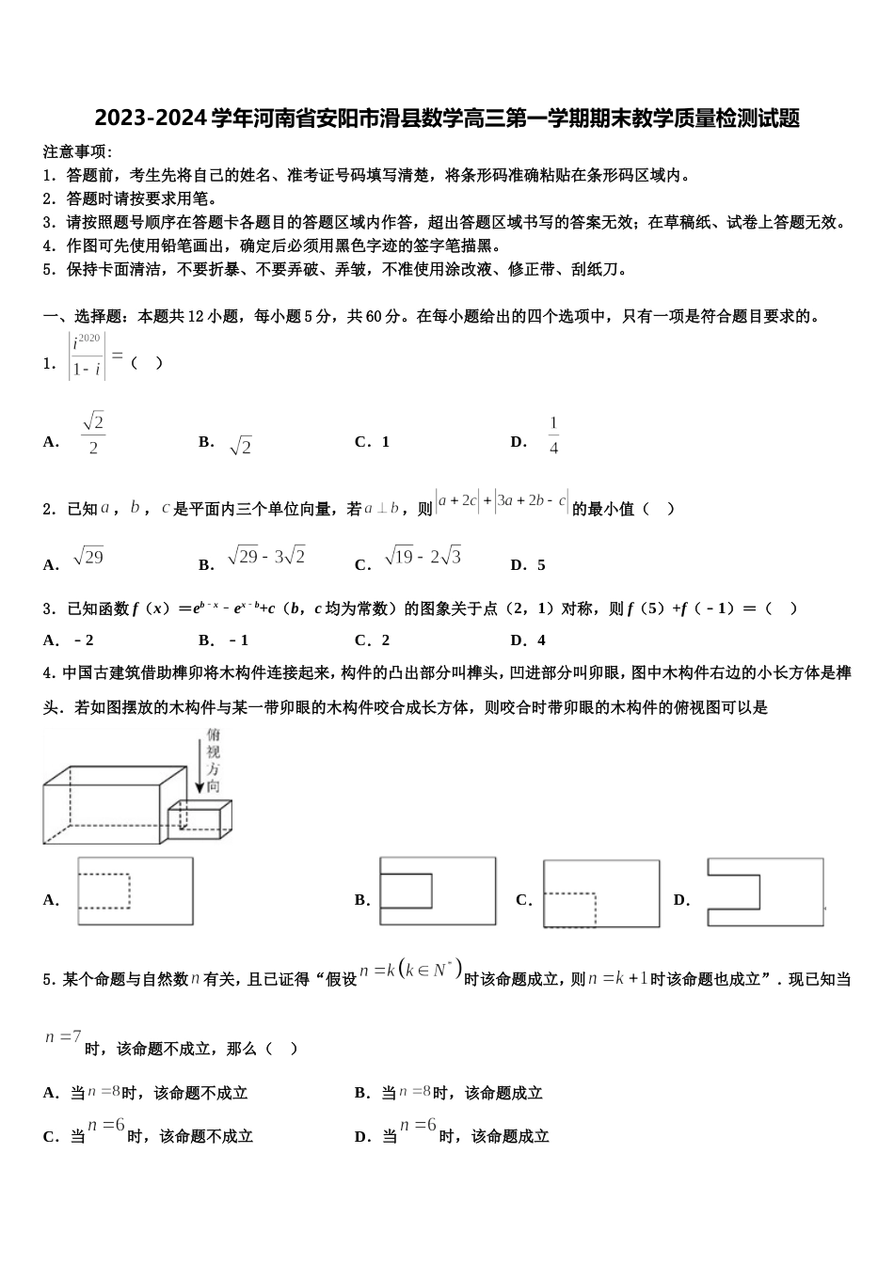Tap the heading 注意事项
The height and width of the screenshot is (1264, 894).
(77, 151)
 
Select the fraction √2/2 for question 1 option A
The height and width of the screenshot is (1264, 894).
(92, 434)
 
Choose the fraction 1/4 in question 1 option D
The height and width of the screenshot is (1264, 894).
(553, 435)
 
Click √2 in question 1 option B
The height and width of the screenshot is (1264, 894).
(240, 445)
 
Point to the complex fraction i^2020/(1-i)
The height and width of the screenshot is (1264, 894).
(87, 357)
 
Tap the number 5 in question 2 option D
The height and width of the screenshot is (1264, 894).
(541, 565)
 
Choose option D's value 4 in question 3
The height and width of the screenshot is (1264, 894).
(541, 640)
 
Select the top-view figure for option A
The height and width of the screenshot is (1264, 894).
(136, 891)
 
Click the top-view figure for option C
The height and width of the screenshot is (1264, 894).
(600, 893)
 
